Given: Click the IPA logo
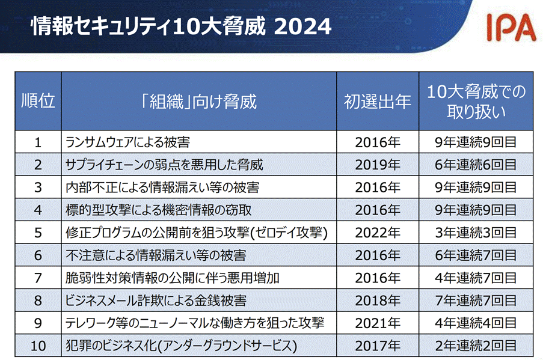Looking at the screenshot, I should pyautogui.click(x=510, y=26).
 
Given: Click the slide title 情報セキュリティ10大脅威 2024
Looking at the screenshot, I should pyautogui.click(x=180, y=26).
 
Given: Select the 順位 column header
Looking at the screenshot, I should pyautogui.click(x=38, y=101).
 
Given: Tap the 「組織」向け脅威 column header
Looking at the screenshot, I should pyautogui.click(x=198, y=101).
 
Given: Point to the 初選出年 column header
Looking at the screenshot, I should pyautogui.click(x=378, y=101).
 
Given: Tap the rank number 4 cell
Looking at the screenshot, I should pyautogui.click(x=38, y=210).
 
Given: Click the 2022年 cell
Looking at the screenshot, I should pyautogui.click(x=378, y=233).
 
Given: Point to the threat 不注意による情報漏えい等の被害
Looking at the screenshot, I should pyautogui.click(x=156, y=255).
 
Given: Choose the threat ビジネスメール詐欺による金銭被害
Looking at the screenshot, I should pyautogui.click(x=156, y=301).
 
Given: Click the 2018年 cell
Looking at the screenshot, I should pyautogui.click(x=378, y=301).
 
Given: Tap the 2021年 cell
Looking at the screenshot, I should pyautogui.click(x=378, y=323).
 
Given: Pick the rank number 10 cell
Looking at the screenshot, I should pyautogui.click(x=38, y=346).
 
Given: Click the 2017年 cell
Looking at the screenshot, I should pyautogui.click(x=378, y=346).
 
